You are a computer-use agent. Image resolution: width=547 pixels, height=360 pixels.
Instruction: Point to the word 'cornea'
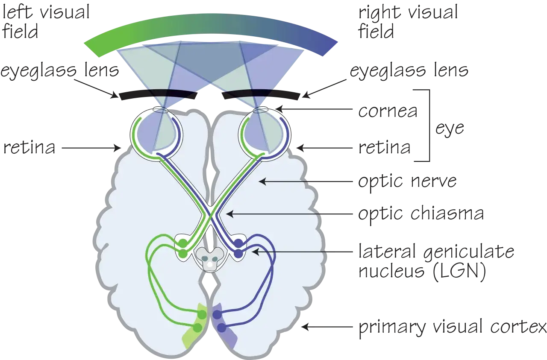(x=388, y=111)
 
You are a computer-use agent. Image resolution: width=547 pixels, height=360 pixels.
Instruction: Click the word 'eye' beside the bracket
(x=450, y=129)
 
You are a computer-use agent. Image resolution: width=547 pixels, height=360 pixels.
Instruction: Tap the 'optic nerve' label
(x=407, y=182)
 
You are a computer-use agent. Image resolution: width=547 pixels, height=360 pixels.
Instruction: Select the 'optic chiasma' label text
(x=421, y=214)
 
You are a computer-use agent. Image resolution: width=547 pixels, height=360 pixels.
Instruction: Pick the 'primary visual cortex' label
(x=453, y=327)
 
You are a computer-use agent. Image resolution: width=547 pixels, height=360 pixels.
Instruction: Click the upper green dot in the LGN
(x=183, y=243)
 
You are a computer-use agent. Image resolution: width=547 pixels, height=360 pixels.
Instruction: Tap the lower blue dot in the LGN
(x=238, y=254)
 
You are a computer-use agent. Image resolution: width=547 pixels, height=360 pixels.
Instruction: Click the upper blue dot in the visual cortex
(x=217, y=315)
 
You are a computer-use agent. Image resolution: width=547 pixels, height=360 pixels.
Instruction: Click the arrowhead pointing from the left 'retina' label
(x=118, y=148)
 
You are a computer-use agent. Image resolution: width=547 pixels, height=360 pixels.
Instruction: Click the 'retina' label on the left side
(x=29, y=147)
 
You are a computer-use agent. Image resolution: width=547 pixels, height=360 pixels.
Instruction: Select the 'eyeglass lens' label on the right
(x=409, y=71)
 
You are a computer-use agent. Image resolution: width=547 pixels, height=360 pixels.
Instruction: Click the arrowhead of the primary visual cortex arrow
(x=305, y=327)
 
